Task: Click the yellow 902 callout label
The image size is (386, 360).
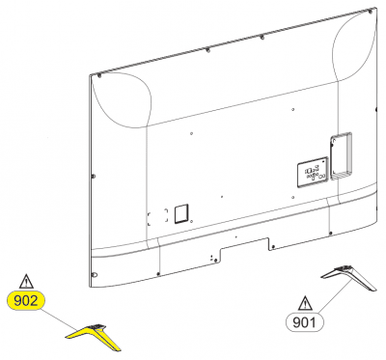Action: tap(26, 301)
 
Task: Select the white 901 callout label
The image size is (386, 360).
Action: tap(305, 321)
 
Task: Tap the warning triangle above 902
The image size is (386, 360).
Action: tap(26, 282)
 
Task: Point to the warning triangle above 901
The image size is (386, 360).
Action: tap(305, 303)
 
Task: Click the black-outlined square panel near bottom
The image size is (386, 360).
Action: tap(181, 213)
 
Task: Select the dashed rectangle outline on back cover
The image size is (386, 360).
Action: tap(157, 216)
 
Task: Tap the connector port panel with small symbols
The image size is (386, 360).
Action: tap(313, 172)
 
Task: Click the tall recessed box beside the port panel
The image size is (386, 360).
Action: tap(342, 155)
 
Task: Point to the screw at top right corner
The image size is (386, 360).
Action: tap(371, 12)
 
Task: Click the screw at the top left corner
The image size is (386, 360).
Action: tap(98, 75)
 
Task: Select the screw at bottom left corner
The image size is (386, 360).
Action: tap(95, 274)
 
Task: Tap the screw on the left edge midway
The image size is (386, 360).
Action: tap(94, 176)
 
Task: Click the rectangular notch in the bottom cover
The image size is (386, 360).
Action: tap(244, 249)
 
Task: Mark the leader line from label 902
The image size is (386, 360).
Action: tap(60, 318)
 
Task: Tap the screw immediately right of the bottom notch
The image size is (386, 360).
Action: tap(273, 247)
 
